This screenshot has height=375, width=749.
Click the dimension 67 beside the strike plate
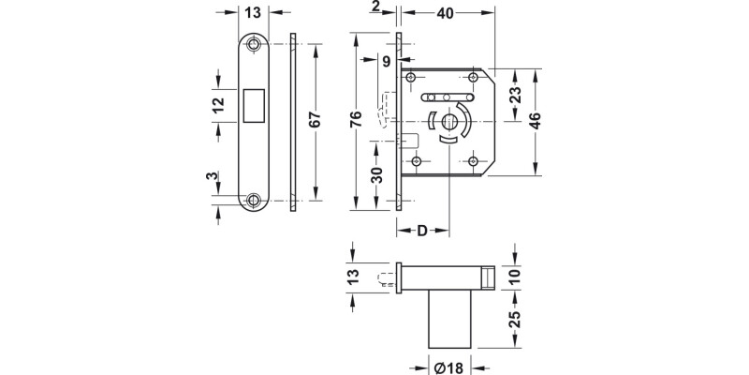(316, 119)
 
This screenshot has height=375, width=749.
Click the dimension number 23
(515, 97)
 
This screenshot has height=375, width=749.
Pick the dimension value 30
(376, 173)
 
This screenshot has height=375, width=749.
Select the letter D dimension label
(423, 231)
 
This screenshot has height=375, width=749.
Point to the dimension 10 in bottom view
(514, 277)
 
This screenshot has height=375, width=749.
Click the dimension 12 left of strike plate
(218, 105)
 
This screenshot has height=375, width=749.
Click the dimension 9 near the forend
(386, 62)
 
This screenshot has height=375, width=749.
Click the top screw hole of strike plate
(255, 44)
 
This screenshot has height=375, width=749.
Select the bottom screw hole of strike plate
(255, 199)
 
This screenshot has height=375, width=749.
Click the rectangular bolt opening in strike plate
(255, 105)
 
